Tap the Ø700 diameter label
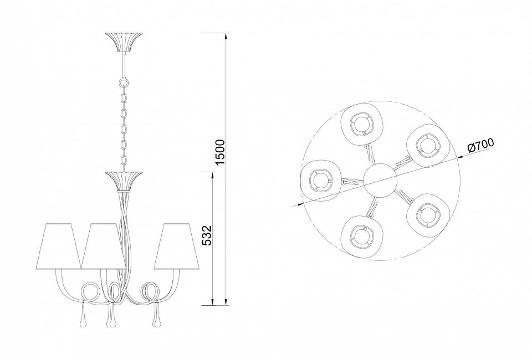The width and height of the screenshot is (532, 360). click(480, 146)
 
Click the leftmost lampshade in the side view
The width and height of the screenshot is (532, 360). click(59, 246)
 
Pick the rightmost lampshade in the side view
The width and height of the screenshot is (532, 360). click(177, 246)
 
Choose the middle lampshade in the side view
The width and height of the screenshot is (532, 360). click(104, 246)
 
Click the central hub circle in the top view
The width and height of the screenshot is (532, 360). click(380, 181)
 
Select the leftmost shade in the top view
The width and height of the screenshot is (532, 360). click(321, 181)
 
